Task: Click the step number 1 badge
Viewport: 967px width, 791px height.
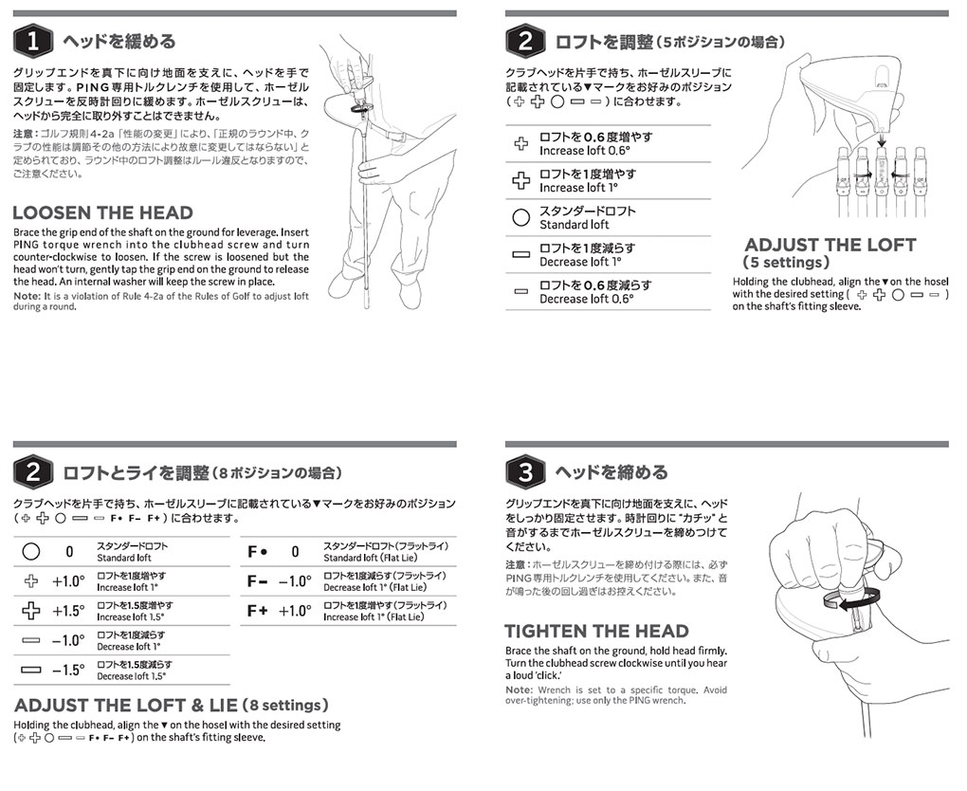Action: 32,41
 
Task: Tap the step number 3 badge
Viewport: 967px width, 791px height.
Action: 525,471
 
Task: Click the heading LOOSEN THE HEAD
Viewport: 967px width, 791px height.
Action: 102,212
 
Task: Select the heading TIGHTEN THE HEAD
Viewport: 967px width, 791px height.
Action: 596,631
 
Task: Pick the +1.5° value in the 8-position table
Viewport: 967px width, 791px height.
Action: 68,611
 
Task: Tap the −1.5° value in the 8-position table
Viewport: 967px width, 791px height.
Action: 68,670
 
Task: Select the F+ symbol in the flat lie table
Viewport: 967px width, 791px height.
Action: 258,611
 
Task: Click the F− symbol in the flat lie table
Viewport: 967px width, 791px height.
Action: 258,581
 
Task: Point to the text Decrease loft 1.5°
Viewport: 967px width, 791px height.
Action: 131,676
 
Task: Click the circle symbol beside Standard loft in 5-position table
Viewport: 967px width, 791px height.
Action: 520,217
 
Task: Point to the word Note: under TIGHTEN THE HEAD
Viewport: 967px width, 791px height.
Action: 519,690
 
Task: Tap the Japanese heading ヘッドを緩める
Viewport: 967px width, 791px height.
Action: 119,42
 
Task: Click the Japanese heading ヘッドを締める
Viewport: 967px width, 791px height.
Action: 611,471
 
